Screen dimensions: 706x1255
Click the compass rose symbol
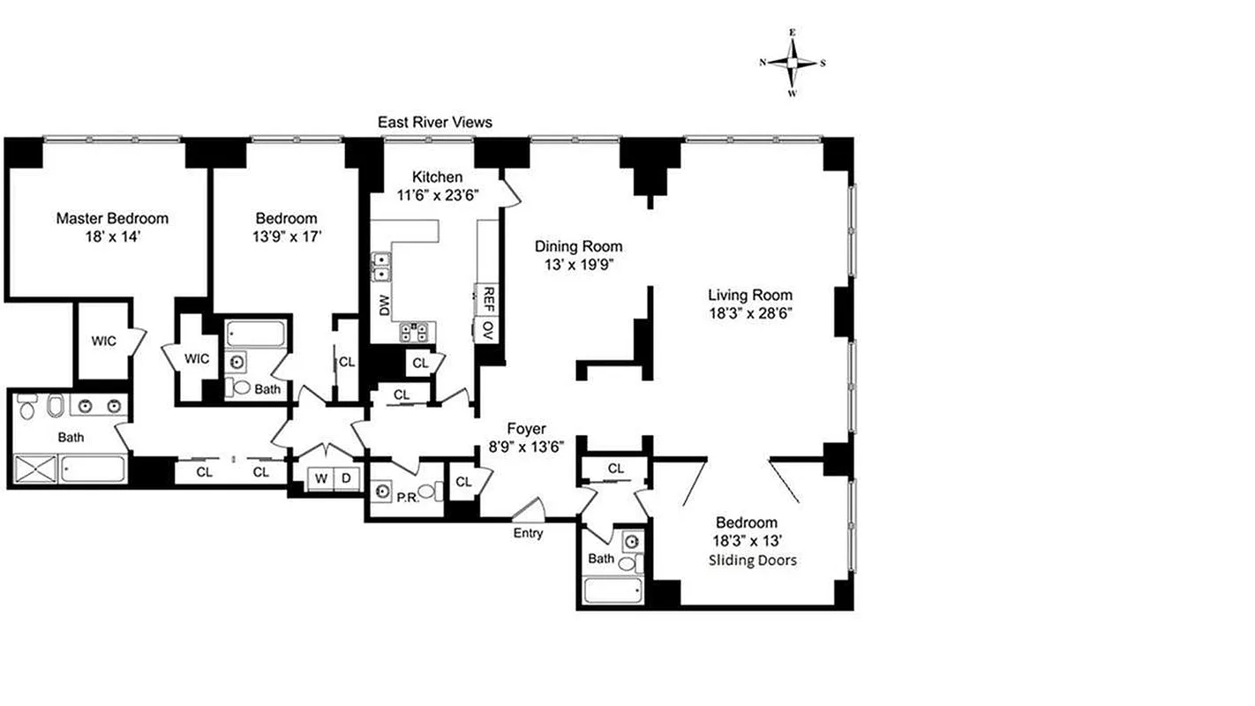click(793, 63)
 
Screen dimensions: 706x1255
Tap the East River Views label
click(434, 123)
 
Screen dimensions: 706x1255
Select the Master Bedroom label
click(112, 218)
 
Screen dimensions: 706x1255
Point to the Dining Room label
click(578, 246)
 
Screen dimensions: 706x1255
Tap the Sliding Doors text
click(753, 560)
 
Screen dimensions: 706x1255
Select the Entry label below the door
click(529, 533)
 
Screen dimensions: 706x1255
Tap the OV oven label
click(486, 329)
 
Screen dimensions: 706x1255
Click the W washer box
click(321, 478)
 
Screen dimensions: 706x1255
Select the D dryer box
click(347, 478)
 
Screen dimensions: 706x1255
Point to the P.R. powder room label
click(406, 498)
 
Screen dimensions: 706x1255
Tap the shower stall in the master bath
click(35, 468)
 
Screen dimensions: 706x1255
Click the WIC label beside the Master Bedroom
click(102, 341)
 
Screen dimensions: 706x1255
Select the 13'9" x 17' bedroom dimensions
click(286, 236)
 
